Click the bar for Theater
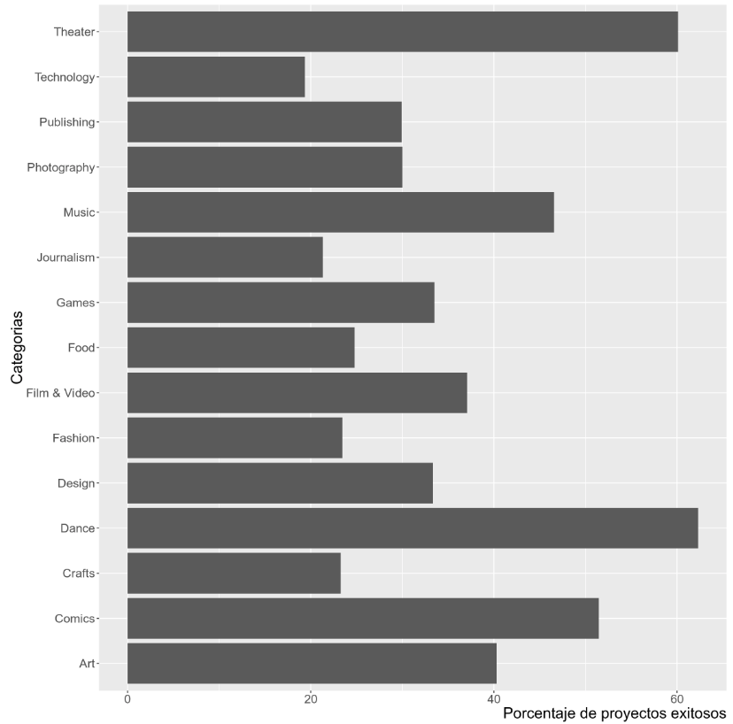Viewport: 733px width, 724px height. pos(403,32)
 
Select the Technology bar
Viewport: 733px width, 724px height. pos(216,77)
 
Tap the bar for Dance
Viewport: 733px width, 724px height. pos(413,528)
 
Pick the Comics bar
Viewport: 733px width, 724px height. pos(363,619)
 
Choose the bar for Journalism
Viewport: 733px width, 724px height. pos(225,258)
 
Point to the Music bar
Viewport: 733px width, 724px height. pos(341,212)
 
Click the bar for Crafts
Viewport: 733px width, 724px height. pos(234,574)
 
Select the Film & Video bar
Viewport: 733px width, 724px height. pos(297,393)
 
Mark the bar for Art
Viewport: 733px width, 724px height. pos(312,664)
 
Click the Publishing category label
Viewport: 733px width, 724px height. pos(66,122)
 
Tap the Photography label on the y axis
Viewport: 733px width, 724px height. pos(60,167)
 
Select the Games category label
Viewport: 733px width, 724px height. pos(75,303)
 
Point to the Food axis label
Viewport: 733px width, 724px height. pos(81,348)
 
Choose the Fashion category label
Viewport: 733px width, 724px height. pos(73,438)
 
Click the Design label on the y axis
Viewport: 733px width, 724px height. pos(76,483)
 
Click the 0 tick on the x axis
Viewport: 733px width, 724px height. pos(127,698)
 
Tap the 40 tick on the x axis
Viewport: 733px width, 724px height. pos(494,698)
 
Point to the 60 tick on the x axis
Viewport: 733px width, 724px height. pos(676,698)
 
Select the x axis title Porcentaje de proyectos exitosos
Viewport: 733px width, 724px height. pos(613,713)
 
